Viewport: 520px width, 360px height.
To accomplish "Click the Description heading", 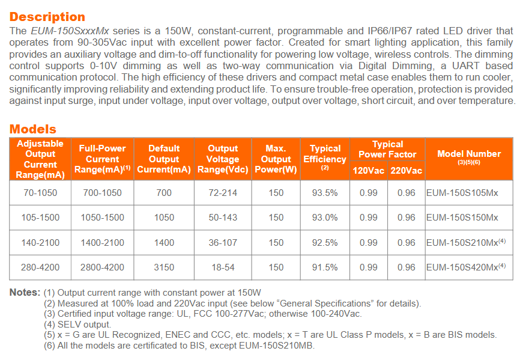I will [47, 17].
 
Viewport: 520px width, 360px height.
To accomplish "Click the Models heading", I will [33, 129].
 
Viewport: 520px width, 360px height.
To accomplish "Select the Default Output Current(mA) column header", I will [164, 159].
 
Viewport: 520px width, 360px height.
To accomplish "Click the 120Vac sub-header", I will [369, 171].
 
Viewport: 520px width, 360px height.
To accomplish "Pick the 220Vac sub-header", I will [407, 171].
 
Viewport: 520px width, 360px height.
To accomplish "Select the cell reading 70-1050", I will [40, 193].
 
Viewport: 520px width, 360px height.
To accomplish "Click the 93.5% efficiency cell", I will [325, 193].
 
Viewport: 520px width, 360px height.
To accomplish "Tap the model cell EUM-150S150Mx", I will [462, 218].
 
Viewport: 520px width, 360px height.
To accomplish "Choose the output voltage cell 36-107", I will [223, 243].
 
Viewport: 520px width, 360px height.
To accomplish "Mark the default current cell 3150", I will [164, 267].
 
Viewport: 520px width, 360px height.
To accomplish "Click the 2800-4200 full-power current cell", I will [102, 267].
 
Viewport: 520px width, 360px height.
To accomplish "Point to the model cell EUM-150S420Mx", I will [462, 267].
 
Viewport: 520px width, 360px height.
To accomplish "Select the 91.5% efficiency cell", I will [325, 267].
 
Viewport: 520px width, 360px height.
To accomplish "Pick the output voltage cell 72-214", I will [223, 193].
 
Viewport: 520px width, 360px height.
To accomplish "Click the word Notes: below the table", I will [25, 293].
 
